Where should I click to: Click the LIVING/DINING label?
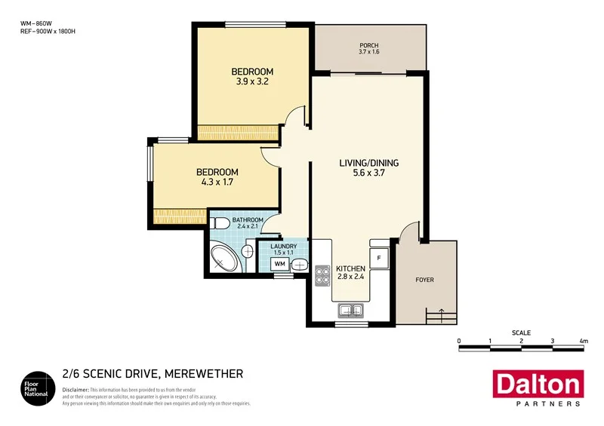368,163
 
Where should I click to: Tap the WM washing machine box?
279,264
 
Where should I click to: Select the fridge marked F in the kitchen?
379,258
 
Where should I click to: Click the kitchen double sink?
350,309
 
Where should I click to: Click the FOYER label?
425,280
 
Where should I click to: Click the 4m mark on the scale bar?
584,342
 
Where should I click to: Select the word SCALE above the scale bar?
521,333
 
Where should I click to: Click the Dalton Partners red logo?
537,388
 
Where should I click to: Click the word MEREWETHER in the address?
203,374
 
